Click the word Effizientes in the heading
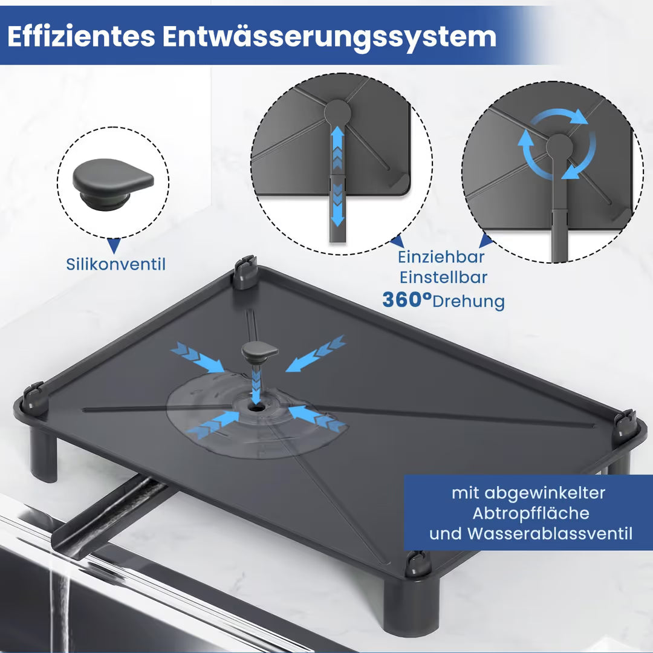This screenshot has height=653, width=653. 81,36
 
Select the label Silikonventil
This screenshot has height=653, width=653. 115,264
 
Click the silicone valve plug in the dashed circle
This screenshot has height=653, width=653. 113,183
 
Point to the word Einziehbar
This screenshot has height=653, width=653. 441,257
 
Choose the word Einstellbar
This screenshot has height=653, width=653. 444,278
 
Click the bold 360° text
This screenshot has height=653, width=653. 407,299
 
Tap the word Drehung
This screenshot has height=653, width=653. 469,302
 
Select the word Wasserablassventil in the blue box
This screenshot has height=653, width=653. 550,533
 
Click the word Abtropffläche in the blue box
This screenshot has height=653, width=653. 531,513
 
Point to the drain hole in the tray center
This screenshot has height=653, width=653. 253,406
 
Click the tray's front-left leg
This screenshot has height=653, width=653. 44,455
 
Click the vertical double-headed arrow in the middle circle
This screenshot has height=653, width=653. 337,177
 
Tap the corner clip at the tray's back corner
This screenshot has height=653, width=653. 245,272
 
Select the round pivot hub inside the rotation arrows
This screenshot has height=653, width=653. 559,147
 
